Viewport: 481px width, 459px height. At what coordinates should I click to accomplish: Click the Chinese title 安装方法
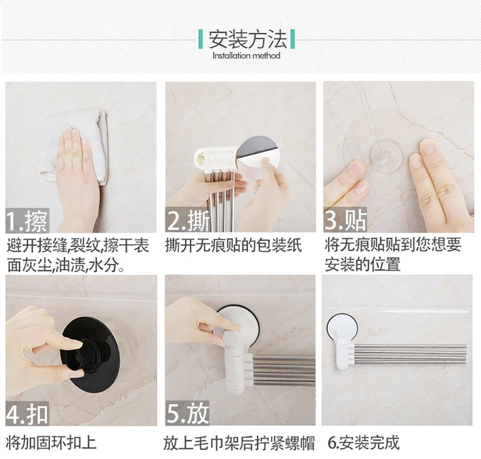coord(248,39)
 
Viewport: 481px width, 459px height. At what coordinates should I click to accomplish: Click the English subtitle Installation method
coord(246,56)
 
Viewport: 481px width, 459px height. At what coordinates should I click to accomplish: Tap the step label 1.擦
coord(27,220)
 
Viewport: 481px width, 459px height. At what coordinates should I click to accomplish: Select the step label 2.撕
coord(188,220)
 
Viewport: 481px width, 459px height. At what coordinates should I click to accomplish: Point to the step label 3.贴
coord(346,219)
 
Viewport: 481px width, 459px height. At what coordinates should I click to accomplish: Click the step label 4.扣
coord(27,413)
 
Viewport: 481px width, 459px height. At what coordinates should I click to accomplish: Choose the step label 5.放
coord(187,413)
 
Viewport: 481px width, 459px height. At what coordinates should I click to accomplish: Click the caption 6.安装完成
coord(364,442)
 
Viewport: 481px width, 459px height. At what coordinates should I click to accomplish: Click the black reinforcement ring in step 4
coord(89,354)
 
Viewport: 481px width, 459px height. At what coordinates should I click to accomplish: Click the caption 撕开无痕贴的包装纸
coord(233,245)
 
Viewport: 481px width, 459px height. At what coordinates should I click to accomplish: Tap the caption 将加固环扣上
coord(51,442)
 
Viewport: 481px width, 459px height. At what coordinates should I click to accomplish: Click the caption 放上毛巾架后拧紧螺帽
coord(239,443)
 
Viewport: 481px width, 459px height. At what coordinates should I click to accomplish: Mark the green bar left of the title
coord(201,39)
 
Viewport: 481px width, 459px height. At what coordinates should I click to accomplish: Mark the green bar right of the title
coord(292,39)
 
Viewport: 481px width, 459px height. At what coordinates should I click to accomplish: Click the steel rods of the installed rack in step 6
coord(410,354)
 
